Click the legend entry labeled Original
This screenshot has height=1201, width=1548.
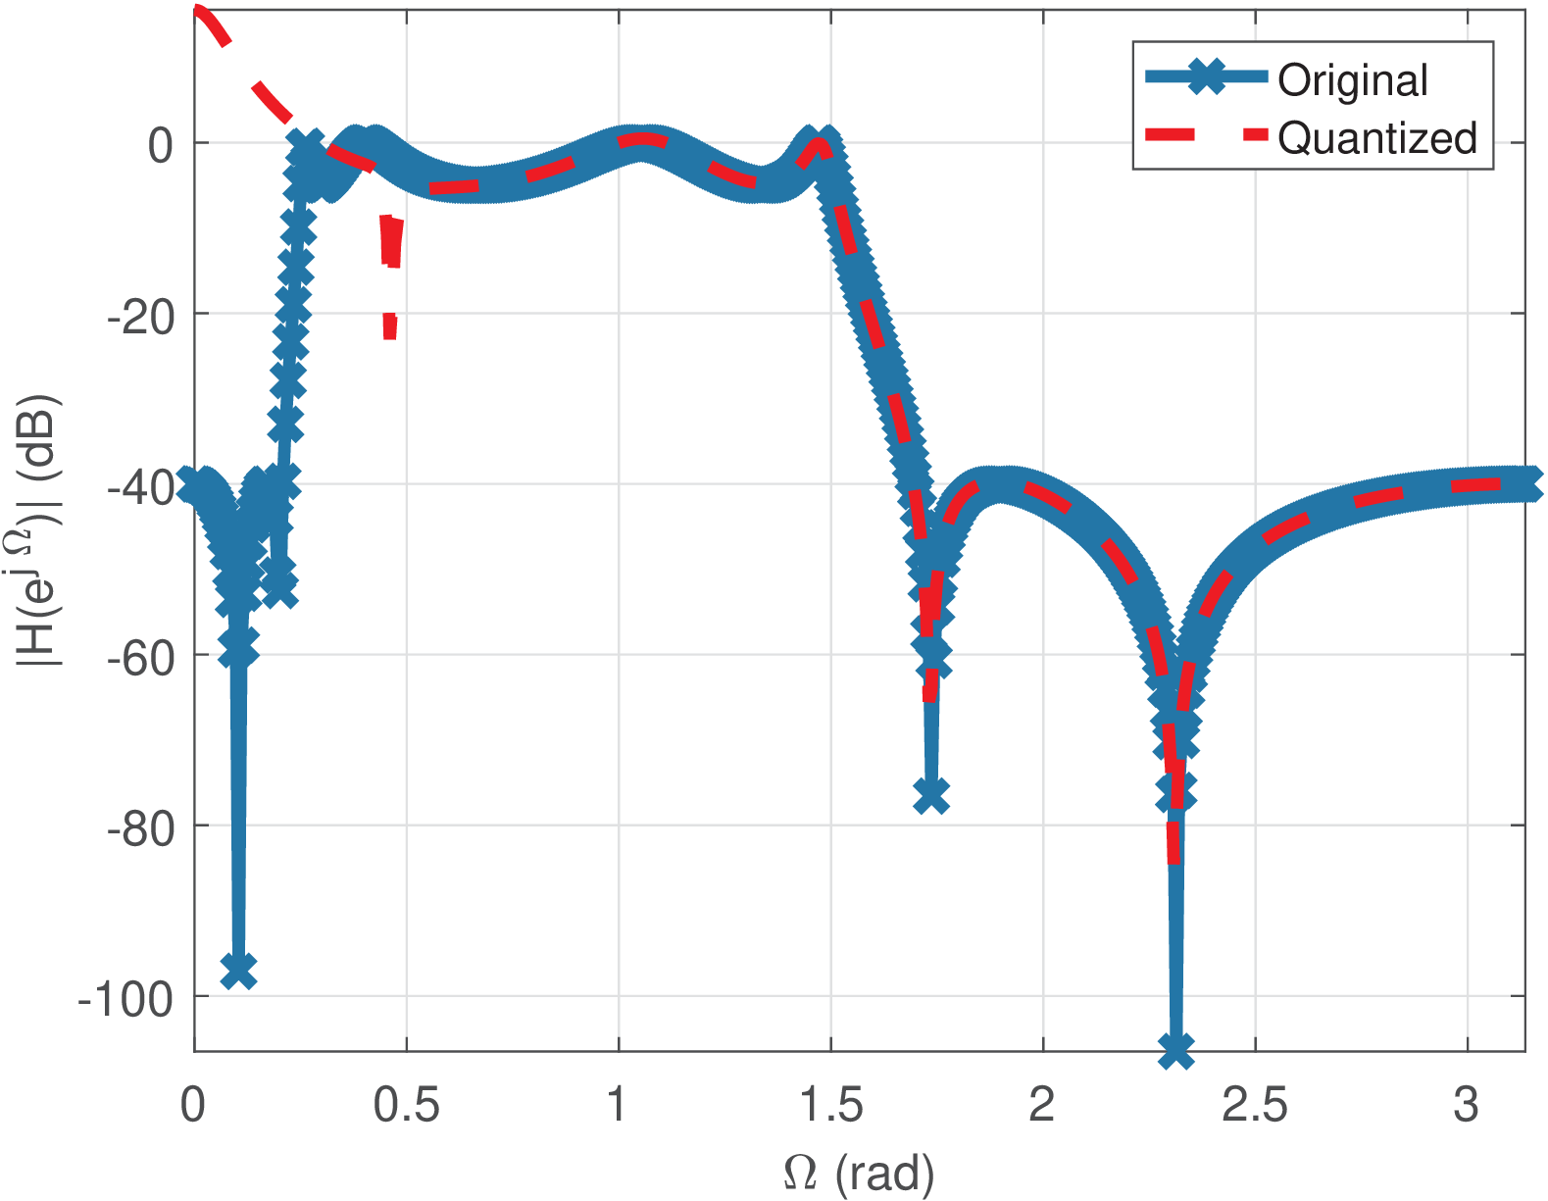click(x=1352, y=80)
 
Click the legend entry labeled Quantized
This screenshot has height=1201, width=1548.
click(x=1376, y=138)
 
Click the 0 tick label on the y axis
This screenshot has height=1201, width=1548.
click(x=160, y=145)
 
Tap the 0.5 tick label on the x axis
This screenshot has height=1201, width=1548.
click(x=406, y=1105)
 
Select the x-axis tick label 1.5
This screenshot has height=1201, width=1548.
click(x=830, y=1105)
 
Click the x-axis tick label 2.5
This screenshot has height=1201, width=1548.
click(x=1255, y=1105)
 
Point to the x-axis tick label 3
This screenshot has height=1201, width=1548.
click(x=1467, y=1105)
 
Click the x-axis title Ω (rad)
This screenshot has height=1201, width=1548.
click(x=859, y=1173)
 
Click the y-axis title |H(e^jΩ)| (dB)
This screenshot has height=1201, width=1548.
click(x=40, y=530)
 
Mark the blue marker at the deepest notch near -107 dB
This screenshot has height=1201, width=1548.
click(x=1175, y=1051)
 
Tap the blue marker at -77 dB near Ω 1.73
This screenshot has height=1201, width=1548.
click(x=930, y=796)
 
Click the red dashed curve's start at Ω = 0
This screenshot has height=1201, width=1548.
click(x=196, y=12)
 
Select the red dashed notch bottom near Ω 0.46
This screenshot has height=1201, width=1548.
click(x=390, y=333)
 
